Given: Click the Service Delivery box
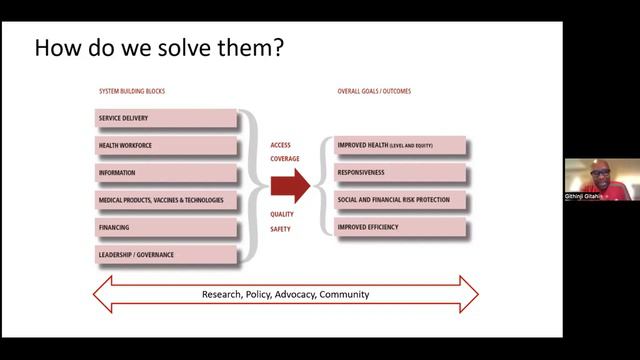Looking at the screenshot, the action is (x=165, y=119).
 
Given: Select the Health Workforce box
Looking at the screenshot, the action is (x=165, y=146).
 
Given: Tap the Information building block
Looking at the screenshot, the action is (x=165, y=173).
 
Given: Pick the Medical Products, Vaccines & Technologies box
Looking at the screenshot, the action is (x=165, y=200).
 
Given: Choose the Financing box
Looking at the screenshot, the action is (x=165, y=227).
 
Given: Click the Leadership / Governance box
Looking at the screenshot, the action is (x=165, y=255).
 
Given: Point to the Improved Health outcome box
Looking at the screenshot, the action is (x=400, y=146).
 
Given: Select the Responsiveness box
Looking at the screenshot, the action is (x=400, y=173).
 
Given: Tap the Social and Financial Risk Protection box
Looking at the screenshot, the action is (x=400, y=200).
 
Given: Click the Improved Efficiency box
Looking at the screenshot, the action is (x=400, y=227).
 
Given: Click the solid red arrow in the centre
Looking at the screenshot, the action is (x=290, y=185).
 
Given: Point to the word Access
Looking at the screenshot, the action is (x=280, y=145).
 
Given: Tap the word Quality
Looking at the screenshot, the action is (x=281, y=213).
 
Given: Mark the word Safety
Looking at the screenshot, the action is (x=280, y=229).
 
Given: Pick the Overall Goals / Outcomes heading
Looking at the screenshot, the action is (x=374, y=91).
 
